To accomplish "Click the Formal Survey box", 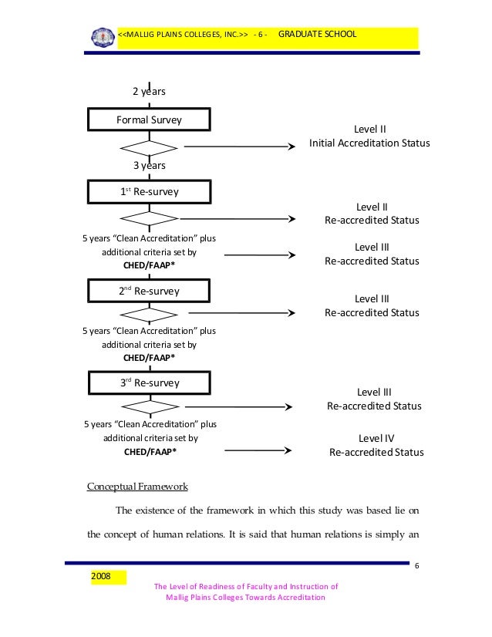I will [x=149, y=120].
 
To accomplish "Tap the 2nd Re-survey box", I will [x=149, y=291].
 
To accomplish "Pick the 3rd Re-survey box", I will [x=149, y=383].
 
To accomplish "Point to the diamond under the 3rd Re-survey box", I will [x=149, y=406].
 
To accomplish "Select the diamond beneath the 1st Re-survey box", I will [x=149, y=218].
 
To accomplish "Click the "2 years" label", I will [x=149, y=92].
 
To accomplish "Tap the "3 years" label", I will [x=149, y=165].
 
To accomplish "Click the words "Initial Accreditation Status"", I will [x=369, y=143].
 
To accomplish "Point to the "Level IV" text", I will [x=376, y=438].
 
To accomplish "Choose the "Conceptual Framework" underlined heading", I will [x=137, y=487].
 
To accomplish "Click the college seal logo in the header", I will [x=101, y=37].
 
